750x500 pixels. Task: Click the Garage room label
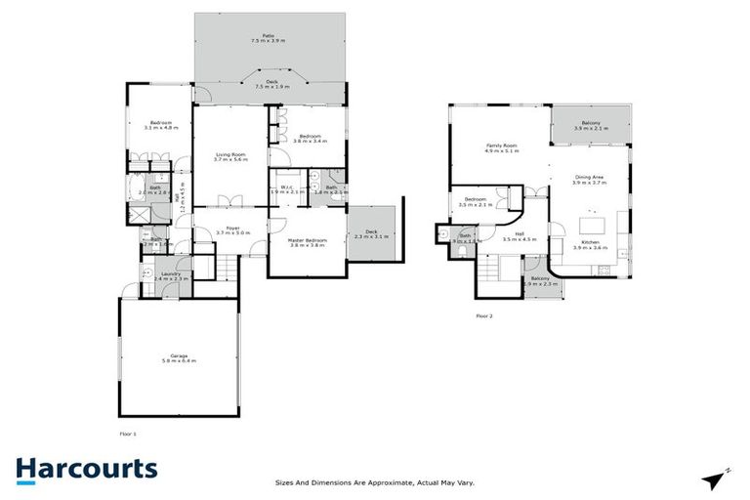click(x=179, y=357)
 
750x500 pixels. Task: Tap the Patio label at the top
click(x=270, y=37)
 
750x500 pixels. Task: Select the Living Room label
click(x=229, y=156)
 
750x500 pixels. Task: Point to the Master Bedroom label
click(x=307, y=241)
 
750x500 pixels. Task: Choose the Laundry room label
click(x=170, y=276)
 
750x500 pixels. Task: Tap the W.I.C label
click(x=287, y=187)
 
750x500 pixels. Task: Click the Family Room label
click(x=502, y=148)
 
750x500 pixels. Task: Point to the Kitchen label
click(x=589, y=244)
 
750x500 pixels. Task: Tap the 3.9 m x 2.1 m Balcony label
click(x=588, y=125)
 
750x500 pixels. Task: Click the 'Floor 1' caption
click(x=128, y=432)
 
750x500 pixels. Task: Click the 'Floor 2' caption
click(x=484, y=316)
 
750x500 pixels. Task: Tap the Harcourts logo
click(x=86, y=469)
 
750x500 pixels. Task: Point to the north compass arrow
click(x=718, y=479)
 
